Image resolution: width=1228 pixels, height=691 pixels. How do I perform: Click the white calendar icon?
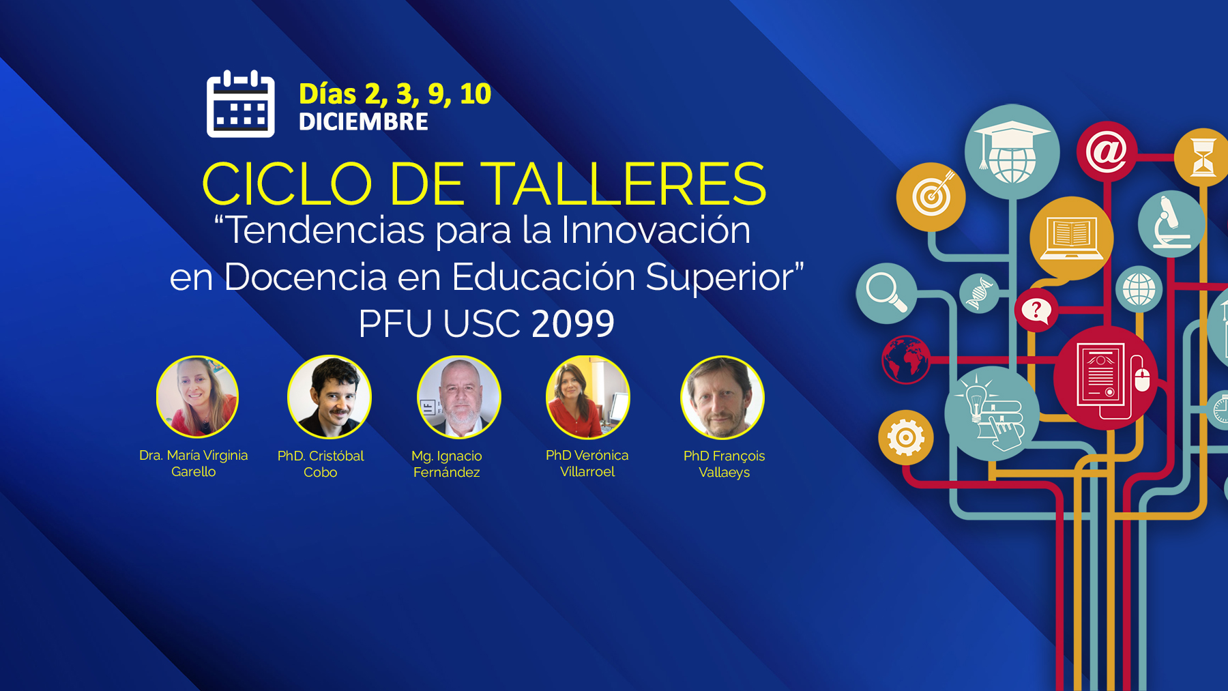click(241, 104)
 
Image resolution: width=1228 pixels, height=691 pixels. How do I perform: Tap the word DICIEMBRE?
click(364, 122)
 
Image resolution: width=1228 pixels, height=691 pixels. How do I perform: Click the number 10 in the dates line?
click(476, 94)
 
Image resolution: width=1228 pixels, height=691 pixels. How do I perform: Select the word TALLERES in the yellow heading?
click(627, 183)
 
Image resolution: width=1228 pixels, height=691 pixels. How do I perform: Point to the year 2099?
click(573, 323)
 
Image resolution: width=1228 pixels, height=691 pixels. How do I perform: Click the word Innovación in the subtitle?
click(656, 230)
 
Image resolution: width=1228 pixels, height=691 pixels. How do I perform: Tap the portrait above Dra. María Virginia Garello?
click(197, 396)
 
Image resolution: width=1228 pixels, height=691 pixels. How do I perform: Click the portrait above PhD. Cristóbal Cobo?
click(330, 397)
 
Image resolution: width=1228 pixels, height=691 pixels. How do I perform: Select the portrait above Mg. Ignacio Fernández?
click(459, 397)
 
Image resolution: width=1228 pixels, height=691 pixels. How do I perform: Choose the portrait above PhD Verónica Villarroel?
click(588, 397)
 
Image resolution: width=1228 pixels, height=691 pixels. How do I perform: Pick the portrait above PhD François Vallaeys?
click(722, 398)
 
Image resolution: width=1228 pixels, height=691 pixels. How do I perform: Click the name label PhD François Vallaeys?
click(725, 464)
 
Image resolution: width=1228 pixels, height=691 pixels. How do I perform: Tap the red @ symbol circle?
click(1107, 151)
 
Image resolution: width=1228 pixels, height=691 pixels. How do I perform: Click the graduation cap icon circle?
click(1012, 151)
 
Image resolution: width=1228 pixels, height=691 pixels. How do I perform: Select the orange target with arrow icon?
click(931, 197)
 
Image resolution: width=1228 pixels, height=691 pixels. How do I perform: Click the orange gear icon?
click(906, 437)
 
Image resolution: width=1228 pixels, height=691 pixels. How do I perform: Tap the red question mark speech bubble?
click(1036, 310)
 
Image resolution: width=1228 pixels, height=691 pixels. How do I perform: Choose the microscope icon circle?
click(1171, 224)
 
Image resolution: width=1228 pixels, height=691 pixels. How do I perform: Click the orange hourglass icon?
click(1203, 158)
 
